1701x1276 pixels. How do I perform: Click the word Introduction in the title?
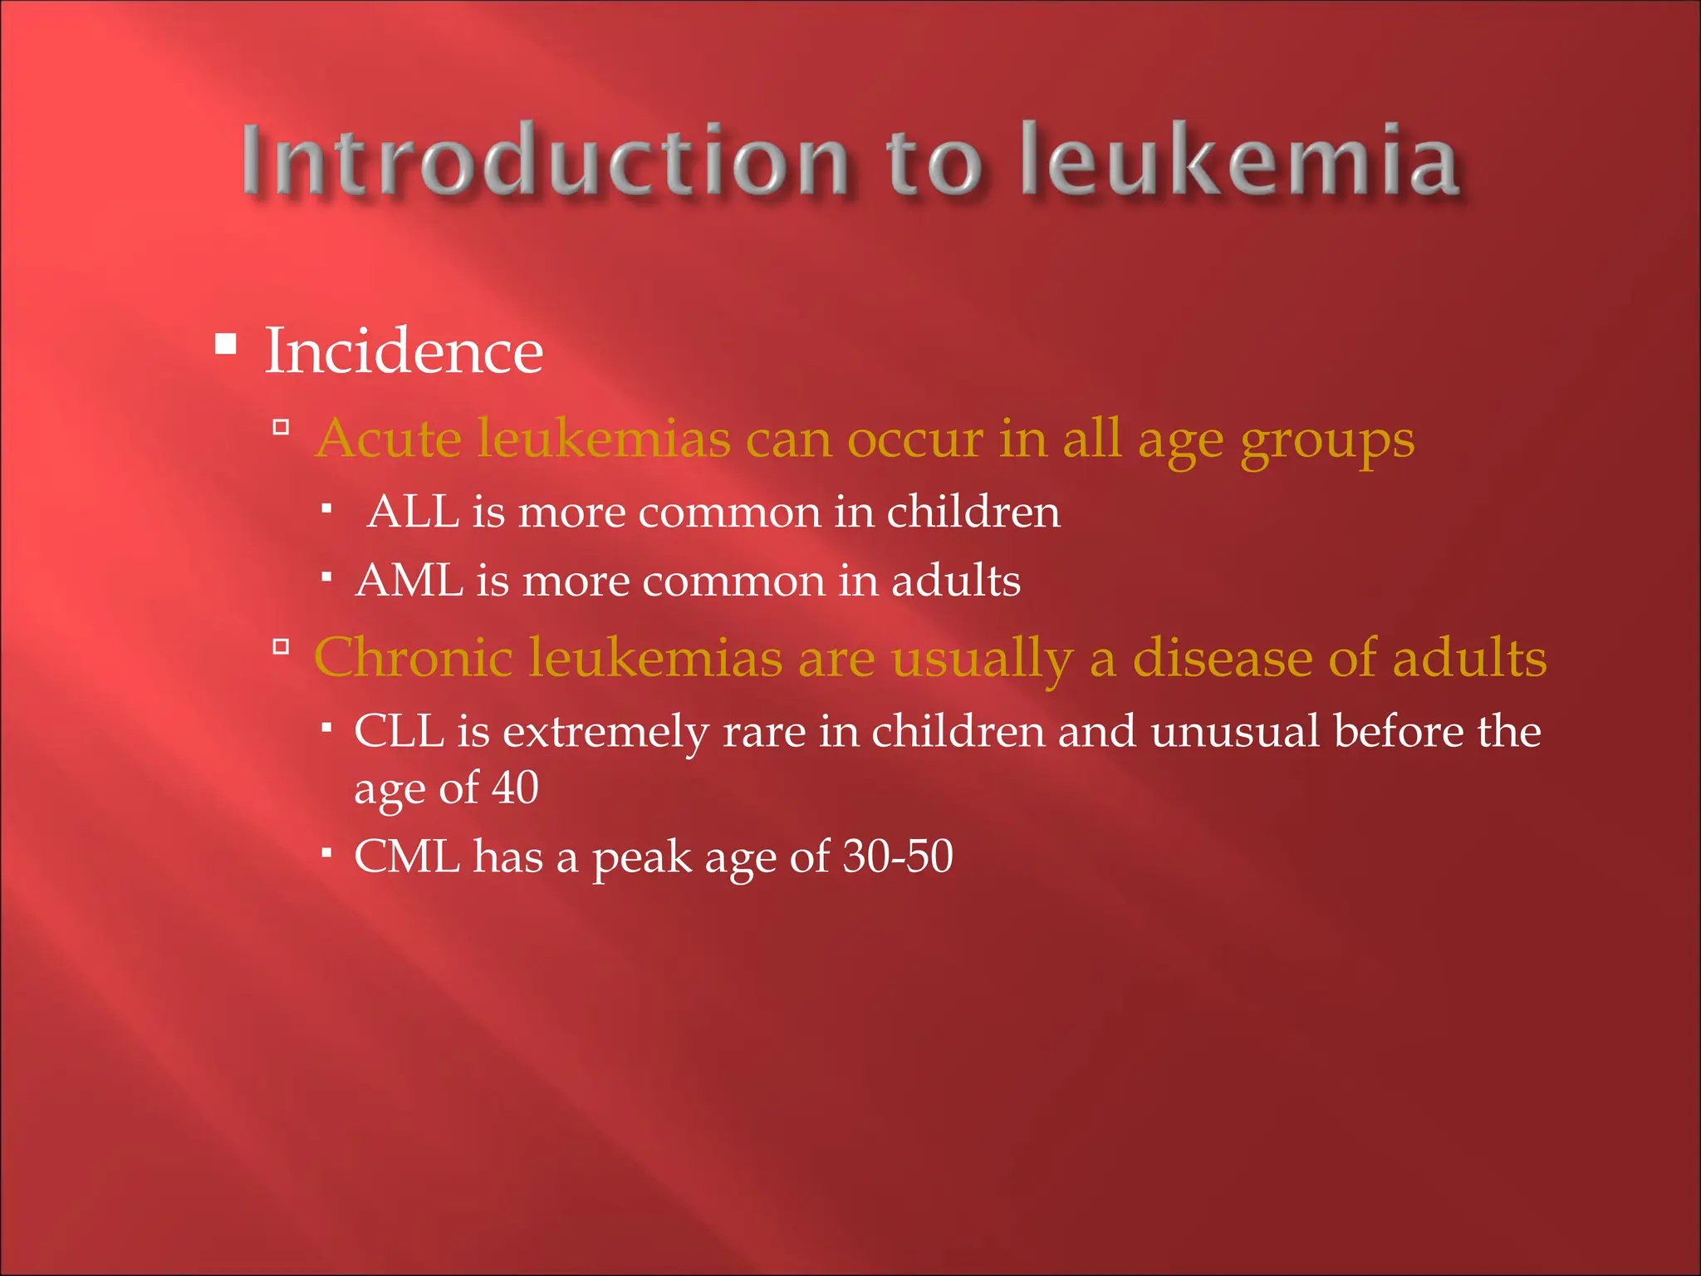point(545,159)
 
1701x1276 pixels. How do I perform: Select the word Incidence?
point(404,351)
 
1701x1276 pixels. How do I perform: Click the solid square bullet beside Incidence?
point(225,343)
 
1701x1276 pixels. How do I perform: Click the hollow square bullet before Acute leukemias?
point(281,428)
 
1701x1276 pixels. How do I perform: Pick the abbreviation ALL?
point(414,511)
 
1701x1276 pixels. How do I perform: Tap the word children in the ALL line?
point(973,511)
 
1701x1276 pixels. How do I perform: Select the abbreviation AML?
point(409,580)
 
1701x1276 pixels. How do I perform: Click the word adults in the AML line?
point(956,580)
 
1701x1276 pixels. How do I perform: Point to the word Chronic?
point(413,657)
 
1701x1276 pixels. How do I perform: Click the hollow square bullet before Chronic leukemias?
point(281,646)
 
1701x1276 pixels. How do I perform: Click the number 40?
point(515,788)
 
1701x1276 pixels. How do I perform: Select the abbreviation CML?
point(407,856)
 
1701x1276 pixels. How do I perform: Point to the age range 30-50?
point(898,856)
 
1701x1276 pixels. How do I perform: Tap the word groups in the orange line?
point(1326,439)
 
